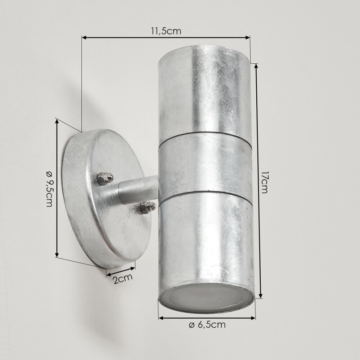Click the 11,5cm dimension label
166,31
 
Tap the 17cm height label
265,182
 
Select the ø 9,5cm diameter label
49,189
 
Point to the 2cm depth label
123,279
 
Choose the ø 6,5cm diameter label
207,325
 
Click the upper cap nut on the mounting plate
104,179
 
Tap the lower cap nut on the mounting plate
147,207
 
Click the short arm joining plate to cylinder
138,189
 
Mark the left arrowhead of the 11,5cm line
84,37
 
